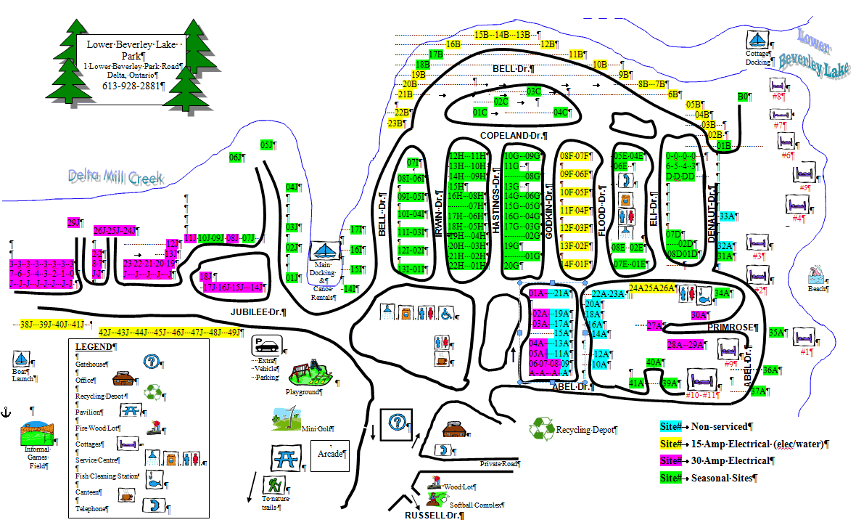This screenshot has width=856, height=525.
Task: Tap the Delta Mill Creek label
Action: pyautogui.click(x=116, y=176)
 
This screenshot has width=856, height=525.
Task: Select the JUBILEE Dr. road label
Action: pyautogui.click(x=258, y=312)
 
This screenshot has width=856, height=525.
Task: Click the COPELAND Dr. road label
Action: pyautogui.click(x=513, y=136)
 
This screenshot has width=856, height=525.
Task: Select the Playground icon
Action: pyautogui.click(x=311, y=372)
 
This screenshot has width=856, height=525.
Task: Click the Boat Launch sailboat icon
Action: pyautogui.click(x=20, y=358)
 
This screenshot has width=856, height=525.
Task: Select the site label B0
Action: pyautogui.click(x=742, y=97)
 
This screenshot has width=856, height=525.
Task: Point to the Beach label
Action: pyautogui.click(x=817, y=288)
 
